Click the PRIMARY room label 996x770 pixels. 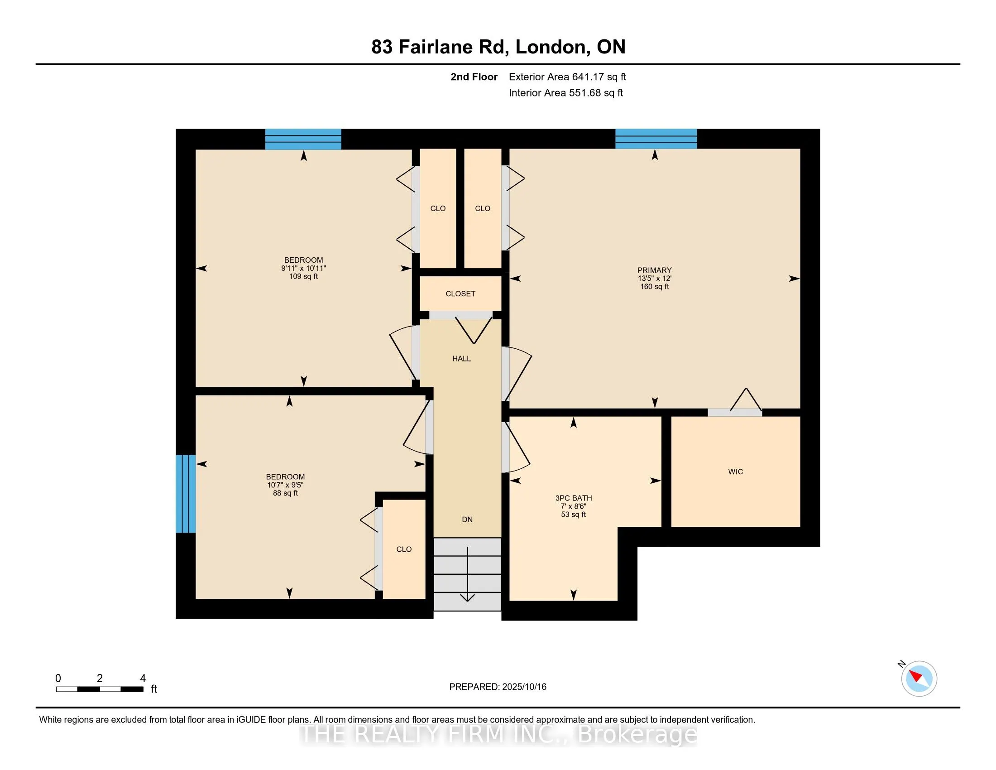(655, 270)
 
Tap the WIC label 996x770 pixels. (736, 472)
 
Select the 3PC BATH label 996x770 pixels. (574, 498)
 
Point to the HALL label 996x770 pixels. (461, 359)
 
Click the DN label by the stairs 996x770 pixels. (468, 520)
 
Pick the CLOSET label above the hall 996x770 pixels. (460, 294)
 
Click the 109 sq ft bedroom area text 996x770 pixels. (304, 276)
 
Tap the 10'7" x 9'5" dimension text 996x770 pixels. (286, 485)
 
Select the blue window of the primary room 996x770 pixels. (656, 139)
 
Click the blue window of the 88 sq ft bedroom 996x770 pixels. (186, 494)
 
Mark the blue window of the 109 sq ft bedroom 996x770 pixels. (303, 139)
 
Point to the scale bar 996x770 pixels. (100, 689)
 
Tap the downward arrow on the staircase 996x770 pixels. (468, 575)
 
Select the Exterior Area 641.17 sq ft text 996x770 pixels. (567, 77)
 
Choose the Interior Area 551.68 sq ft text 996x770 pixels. (566, 92)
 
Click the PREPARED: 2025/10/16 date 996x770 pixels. (498, 687)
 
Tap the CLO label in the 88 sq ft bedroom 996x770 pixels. (404, 549)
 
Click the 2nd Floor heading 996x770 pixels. (474, 77)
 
